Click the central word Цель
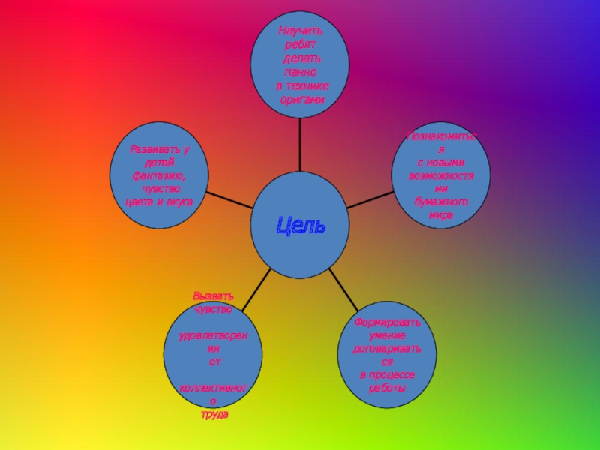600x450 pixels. click(301, 224)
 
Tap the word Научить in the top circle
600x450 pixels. click(300, 31)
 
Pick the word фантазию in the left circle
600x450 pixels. click(158, 175)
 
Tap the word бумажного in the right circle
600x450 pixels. click(441, 202)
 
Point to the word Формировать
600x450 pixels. click(388, 322)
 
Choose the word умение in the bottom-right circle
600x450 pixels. click(388, 335)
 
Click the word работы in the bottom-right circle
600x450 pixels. click(388, 388)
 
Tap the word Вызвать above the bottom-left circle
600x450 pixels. click(213, 295)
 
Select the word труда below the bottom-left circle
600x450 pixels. click(214, 414)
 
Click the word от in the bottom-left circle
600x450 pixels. click(214, 361)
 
